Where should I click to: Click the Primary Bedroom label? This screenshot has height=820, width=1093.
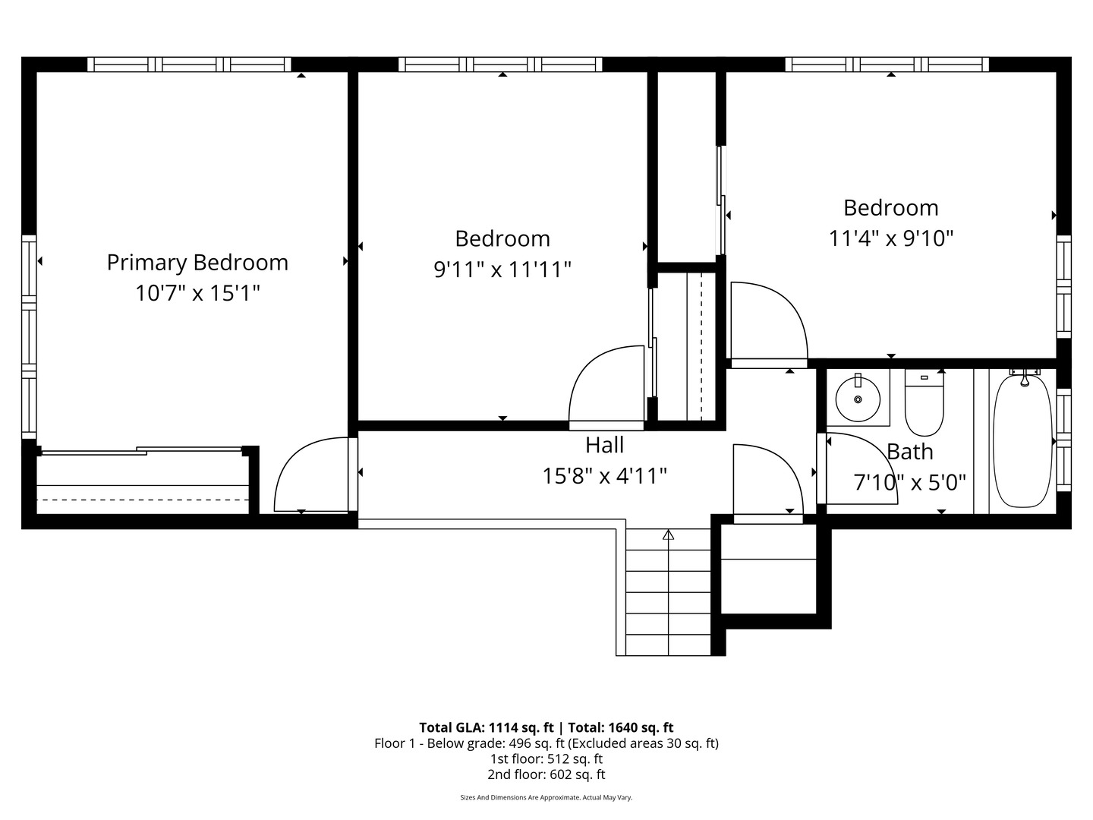[x=197, y=263]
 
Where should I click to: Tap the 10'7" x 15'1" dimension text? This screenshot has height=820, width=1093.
[x=197, y=293]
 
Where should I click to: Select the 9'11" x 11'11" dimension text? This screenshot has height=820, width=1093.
[x=502, y=270]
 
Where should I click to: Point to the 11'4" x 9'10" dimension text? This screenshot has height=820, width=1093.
[x=890, y=238]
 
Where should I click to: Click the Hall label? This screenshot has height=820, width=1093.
[x=604, y=445]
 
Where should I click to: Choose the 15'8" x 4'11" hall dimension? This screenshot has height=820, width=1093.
[x=604, y=476]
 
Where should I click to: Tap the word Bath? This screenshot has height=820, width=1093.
[x=909, y=452]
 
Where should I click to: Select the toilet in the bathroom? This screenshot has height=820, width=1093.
[x=924, y=402]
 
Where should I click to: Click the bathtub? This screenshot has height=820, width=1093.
[x=1022, y=440]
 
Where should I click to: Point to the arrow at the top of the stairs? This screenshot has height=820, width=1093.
[x=668, y=535]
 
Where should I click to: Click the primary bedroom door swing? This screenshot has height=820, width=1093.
[x=311, y=475]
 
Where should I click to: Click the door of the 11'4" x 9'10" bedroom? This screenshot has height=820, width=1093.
[x=767, y=323]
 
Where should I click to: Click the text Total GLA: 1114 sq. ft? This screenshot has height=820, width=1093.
[x=486, y=727]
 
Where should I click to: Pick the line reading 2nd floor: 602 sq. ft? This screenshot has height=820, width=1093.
[x=546, y=774]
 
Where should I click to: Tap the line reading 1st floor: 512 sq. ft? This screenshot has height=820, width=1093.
[x=546, y=758]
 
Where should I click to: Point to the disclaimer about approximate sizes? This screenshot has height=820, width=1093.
[x=546, y=798]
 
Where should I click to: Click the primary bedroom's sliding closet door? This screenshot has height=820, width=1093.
[x=142, y=451]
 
